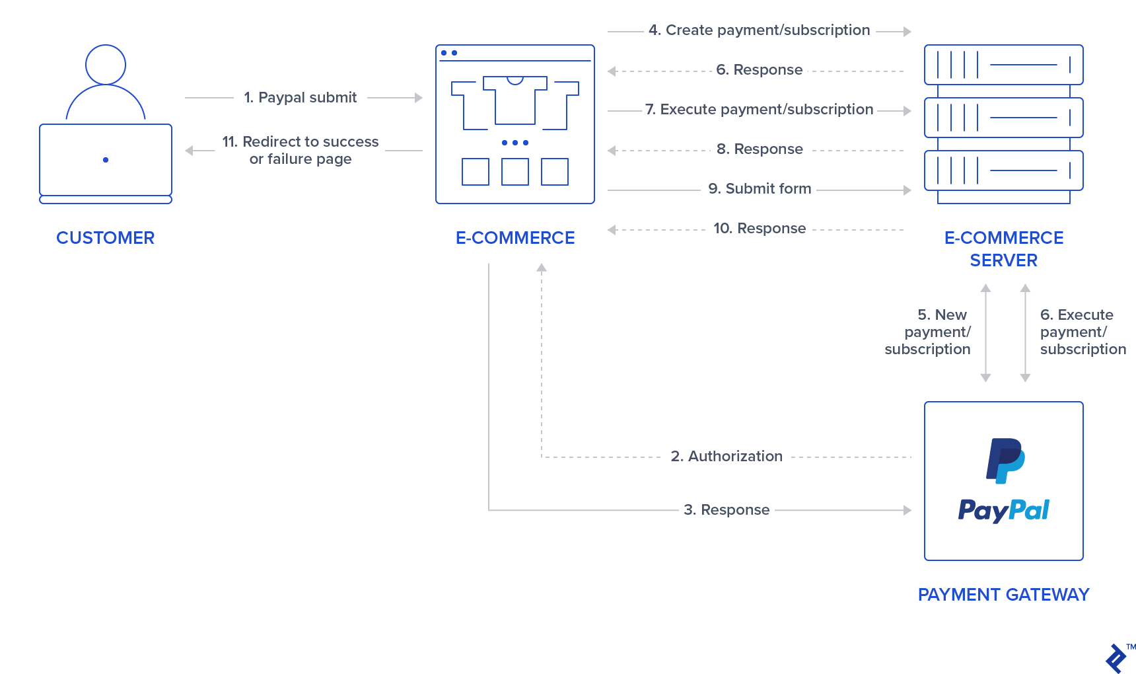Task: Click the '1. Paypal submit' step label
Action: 301,98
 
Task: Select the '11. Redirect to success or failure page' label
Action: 301,151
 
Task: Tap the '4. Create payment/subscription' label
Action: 759,30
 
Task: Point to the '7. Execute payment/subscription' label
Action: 759,110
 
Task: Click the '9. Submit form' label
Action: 760,189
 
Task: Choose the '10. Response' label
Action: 760,229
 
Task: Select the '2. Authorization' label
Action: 727,457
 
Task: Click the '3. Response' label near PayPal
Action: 727,510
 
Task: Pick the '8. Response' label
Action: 760,149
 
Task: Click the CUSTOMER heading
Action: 105,238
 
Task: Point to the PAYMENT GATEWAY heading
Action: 1003,595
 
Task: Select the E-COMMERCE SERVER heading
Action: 1003,249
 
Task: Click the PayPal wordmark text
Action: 1003,510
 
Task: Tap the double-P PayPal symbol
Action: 1005,460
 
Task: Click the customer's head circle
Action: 106,65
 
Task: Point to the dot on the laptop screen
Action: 106,160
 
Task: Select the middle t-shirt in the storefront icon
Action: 515,100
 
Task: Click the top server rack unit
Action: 1003,65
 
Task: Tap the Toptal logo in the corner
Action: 1116,658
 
